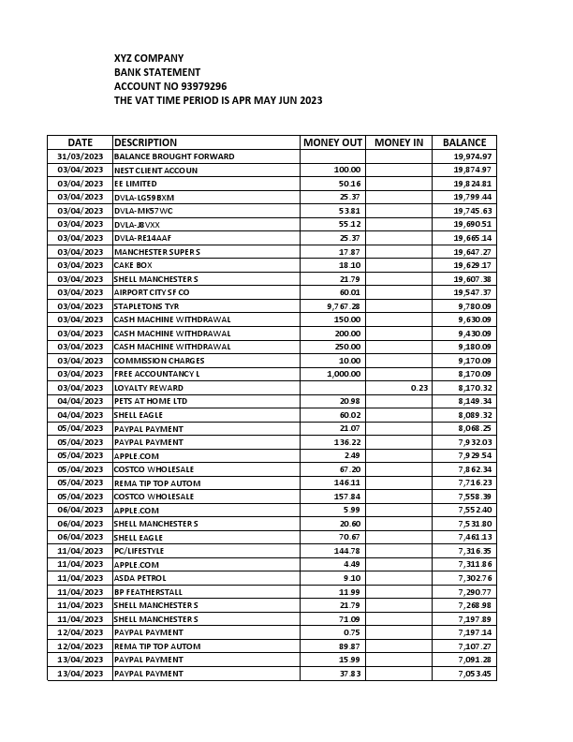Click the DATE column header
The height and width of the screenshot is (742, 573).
click(80, 142)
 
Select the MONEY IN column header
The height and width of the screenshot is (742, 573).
click(399, 142)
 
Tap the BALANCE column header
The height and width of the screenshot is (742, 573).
click(464, 142)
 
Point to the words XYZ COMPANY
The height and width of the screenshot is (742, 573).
click(149, 58)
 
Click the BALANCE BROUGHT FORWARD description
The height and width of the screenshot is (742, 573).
click(174, 156)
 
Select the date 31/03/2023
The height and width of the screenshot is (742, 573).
click(80, 156)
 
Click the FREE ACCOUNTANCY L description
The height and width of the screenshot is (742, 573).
click(157, 374)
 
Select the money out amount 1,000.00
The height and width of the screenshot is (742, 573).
click(342, 374)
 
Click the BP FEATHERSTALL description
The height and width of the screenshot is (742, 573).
click(148, 592)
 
